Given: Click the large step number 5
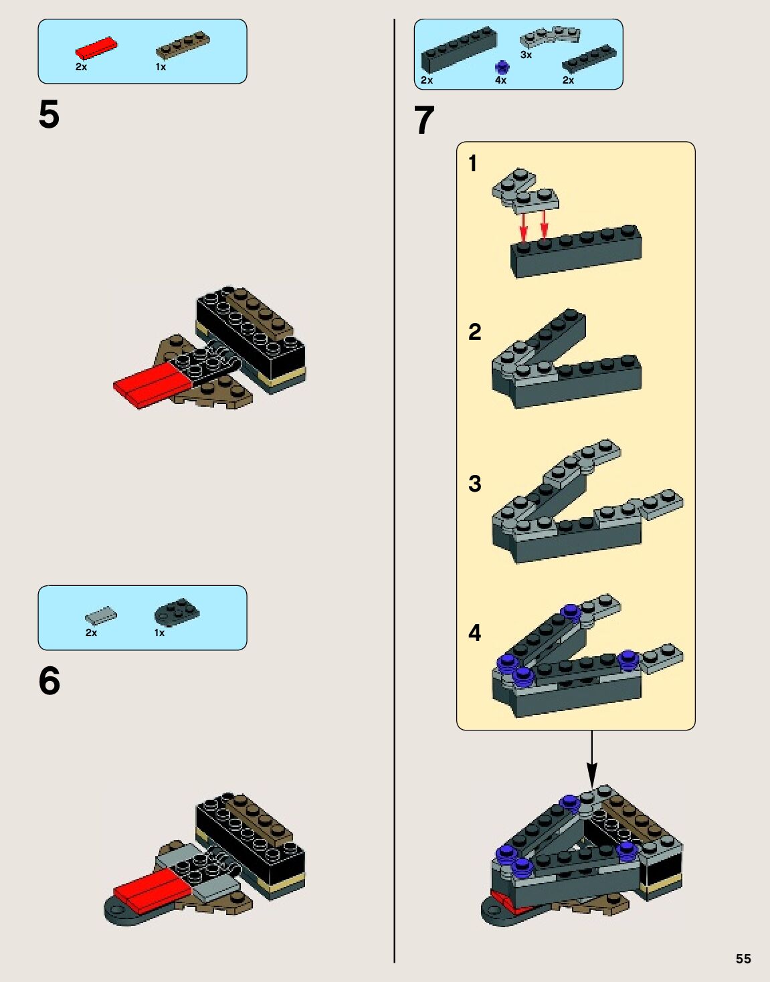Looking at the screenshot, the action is point(50,114).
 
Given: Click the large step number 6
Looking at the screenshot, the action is point(50,681).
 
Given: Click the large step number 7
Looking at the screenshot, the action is point(424,120).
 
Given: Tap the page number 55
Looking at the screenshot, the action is point(743,959).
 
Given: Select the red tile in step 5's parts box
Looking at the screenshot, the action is point(96,47).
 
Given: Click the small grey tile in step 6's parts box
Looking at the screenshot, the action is point(101,615).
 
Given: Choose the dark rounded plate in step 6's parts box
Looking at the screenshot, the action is point(177,611).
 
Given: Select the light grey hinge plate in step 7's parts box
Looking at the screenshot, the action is point(550,36).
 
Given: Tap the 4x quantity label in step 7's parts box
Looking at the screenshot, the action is point(500,80).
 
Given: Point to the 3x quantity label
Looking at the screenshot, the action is point(526,55).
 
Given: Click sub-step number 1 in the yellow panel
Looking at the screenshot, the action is point(473,164).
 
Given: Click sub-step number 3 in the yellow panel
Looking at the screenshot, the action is point(474,484).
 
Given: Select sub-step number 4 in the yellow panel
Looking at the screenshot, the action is point(474,633).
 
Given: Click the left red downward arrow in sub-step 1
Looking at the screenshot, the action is point(523,227).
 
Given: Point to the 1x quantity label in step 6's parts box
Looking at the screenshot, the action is point(159,633).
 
